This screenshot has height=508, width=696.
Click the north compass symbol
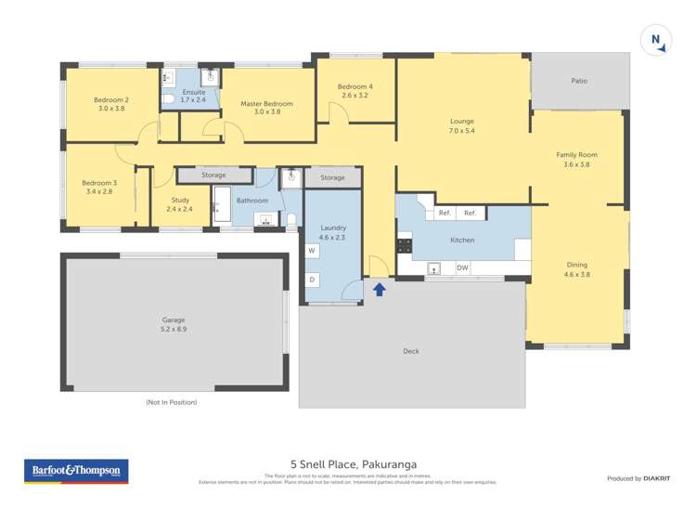click(655, 40)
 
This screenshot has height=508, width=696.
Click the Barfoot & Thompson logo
click(76, 472)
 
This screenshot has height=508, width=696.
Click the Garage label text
click(174, 320)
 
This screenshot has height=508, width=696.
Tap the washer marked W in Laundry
click(313, 251)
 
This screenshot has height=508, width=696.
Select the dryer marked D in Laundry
click(313, 280)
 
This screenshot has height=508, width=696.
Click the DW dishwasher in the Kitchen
click(462, 268)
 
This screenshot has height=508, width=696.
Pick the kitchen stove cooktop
click(405, 246)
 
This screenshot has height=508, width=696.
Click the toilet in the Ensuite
click(169, 98)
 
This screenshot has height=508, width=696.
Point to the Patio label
click(578, 81)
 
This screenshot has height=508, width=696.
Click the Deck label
click(411, 351)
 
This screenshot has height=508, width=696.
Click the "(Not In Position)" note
click(172, 402)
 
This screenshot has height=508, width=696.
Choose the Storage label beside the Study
click(213, 175)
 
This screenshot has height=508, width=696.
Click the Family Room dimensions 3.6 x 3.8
click(576, 164)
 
